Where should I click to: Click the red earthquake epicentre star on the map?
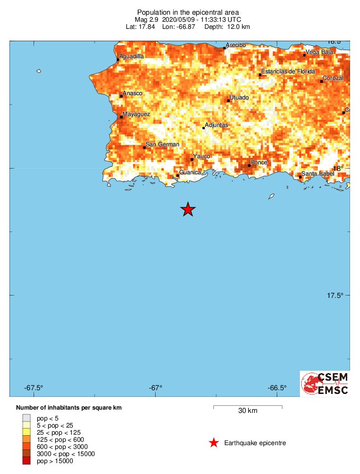(x=188, y=209)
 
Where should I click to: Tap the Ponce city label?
(x=259, y=162)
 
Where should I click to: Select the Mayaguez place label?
(x=136, y=114)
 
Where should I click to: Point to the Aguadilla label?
(x=132, y=56)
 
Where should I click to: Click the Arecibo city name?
(x=236, y=45)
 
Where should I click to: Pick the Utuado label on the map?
(x=239, y=98)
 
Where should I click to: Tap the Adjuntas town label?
(x=216, y=125)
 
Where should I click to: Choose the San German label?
(x=162, y=144)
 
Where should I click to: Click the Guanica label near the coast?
(x=190, y=172)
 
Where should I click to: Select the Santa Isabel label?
(x=318, y=174)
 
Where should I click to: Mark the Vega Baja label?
(x=318, y=52)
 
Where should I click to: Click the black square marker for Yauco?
(x=192, y=159)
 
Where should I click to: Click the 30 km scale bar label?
(x=247, y=411)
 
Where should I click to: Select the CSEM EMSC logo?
(x=325, y=384)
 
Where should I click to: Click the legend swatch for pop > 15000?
(x=26, y=461)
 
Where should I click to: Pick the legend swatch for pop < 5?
(x=26, y=418)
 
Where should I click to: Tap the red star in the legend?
(x=214, y=443)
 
